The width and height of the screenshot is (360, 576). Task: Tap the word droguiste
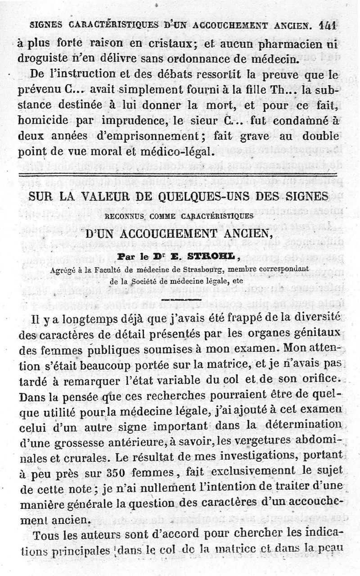click(44, 58)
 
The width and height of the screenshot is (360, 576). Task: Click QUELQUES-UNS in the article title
click(190, 199)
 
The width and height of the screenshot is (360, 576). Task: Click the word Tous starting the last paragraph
click(34, 535)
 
